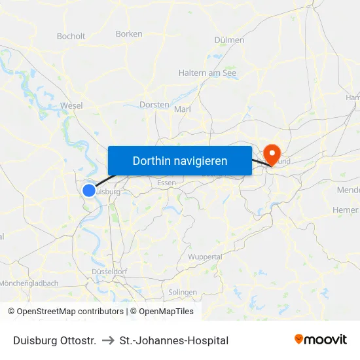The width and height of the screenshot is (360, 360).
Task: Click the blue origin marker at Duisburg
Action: coord(89,190)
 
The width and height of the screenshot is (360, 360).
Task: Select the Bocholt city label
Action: coord(71,37)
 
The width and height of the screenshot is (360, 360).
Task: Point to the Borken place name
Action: coord(128,34)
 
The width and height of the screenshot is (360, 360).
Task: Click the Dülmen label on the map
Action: coord(229,40)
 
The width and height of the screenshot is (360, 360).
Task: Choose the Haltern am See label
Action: coord(207,73)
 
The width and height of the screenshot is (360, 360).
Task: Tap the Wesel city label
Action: coord(71,105)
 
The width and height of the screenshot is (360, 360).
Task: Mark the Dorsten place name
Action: coord(154,105)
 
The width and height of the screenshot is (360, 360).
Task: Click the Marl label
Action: coord(183,109)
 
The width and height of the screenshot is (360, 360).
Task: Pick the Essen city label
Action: coord(166,183)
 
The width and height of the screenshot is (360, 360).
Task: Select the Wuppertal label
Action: coord(205,257)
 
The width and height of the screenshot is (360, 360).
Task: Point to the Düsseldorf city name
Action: coord(109,271)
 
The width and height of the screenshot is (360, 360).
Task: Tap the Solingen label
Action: coord(183,293)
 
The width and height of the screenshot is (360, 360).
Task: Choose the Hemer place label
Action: coord(346,210)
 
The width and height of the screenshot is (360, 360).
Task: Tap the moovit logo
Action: coord(320,340)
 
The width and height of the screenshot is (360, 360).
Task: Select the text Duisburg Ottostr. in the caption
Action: coord(54,340)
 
